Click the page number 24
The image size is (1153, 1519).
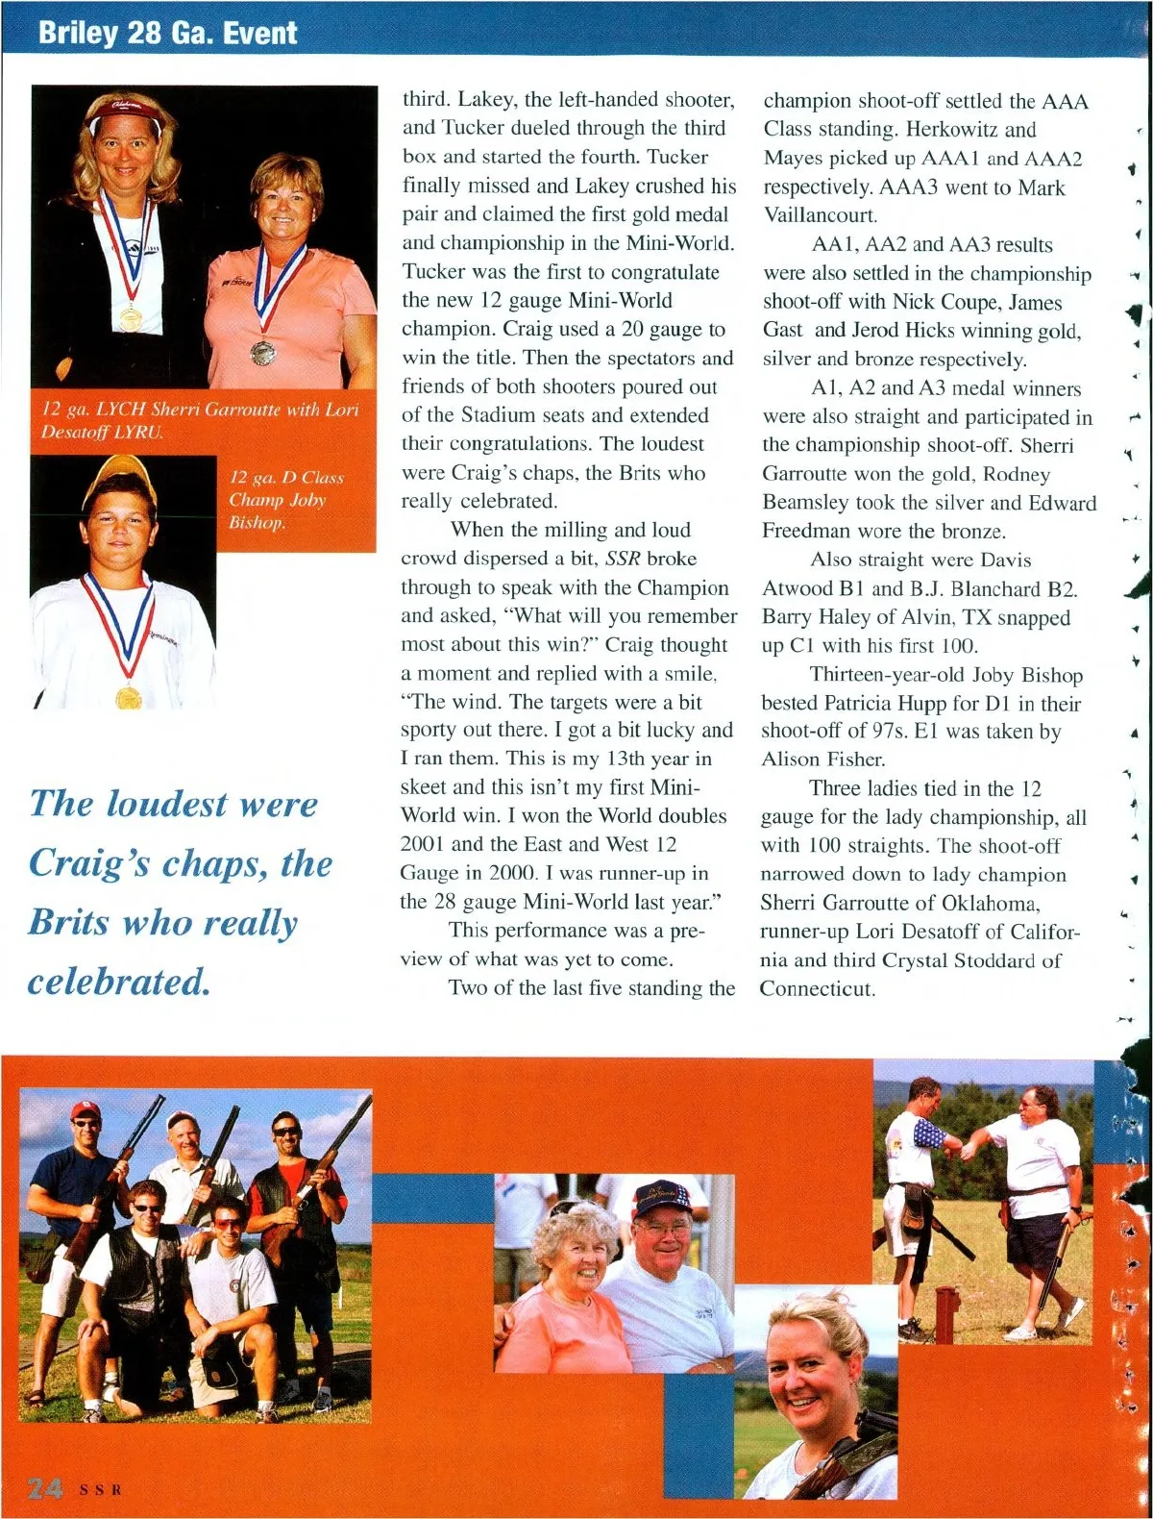[x=45, y=1489]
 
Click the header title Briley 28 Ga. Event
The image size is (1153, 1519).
[x=167, y=33]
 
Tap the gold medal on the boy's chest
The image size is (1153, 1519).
[x=128, y=696]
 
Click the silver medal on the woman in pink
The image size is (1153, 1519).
[x=263, y=353]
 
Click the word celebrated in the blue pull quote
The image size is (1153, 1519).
[x=119, y=982]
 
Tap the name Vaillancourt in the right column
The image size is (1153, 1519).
[x=820, y=215]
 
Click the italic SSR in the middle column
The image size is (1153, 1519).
[x=623, y=559]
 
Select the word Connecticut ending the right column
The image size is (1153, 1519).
[x=816, y=988]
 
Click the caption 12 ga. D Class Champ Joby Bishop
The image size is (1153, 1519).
[x=285, y=500]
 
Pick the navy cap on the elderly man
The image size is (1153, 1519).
[x=662, y=1198]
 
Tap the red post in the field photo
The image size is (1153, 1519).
[x=946, y=1315]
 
